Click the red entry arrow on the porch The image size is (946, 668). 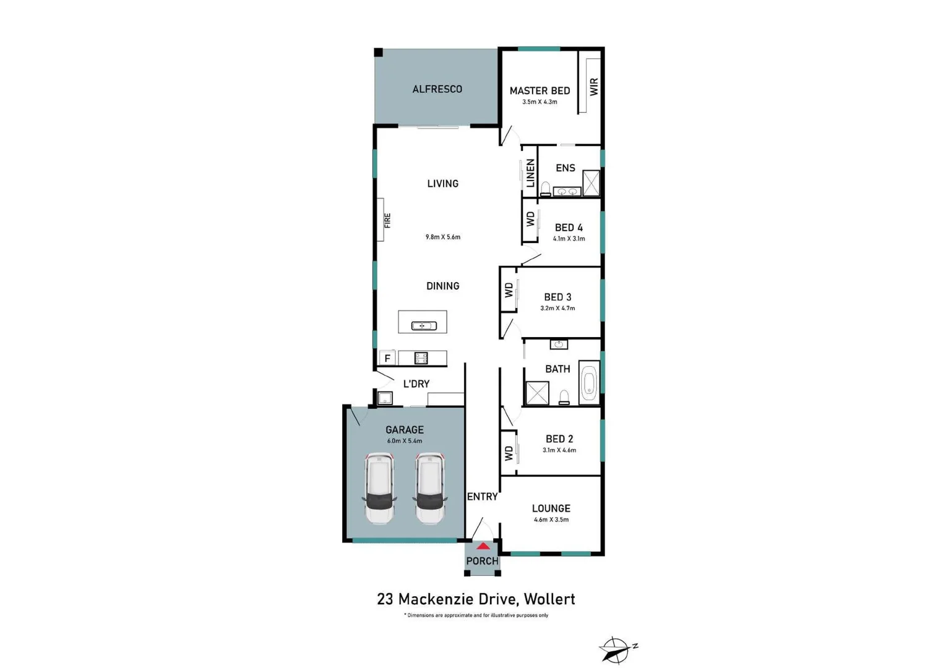[x=483, y=546]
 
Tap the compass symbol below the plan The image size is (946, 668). [x=617, y=649]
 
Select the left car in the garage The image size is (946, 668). [x=380, y=488]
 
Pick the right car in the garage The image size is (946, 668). [x=429, y=488]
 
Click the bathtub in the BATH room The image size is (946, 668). [x=589, y=383]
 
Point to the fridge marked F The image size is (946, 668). [x=387, y=358]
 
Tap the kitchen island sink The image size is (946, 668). [x=424, y=325]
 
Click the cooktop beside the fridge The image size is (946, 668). [x=421, y=358]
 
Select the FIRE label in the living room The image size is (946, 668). [x=387, y=220]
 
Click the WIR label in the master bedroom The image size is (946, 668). [x=594, y=87]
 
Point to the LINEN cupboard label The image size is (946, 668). [x=530, y=173]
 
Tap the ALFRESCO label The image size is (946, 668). [x=437, y=89]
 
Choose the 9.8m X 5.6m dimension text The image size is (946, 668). [x=442, y=237]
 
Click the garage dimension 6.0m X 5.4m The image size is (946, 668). [x=404, y=441]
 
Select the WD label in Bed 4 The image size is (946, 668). [x=530, y=219]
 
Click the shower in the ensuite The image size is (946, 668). [x=591, y=183]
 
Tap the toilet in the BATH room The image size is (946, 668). [x=564, y=398]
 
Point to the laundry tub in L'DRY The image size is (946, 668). [x=385, y=398]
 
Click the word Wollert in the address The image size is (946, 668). [x=549, y=599]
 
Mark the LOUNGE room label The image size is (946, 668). [x=551, y=508]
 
